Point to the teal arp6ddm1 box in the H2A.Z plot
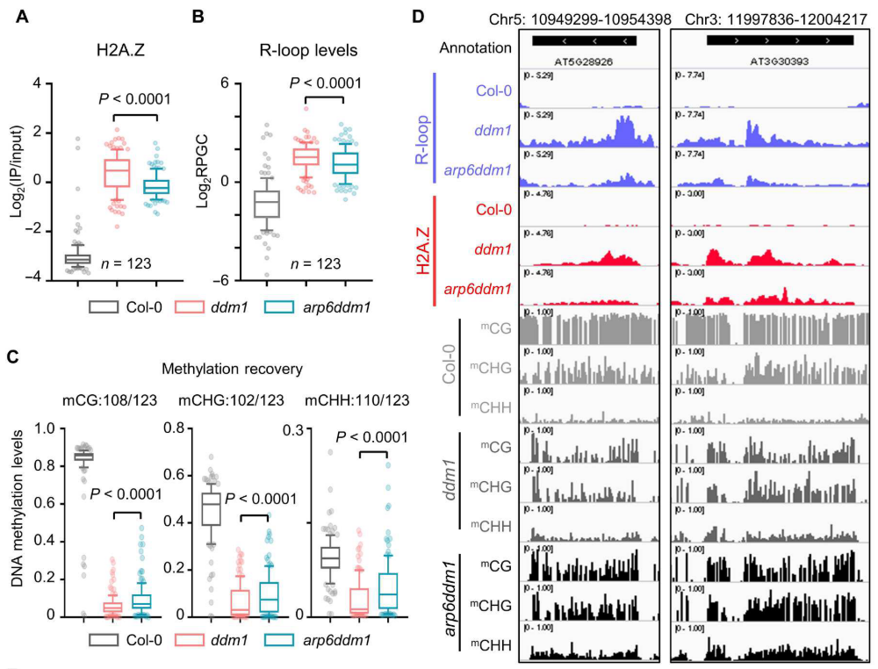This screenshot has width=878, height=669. [x=156, y=186]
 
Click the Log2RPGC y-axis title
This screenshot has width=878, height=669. [x=227, y=181]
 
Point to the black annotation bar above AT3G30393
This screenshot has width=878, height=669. [x=780, y=41]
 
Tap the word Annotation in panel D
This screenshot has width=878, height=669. [x=475, y=47]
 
